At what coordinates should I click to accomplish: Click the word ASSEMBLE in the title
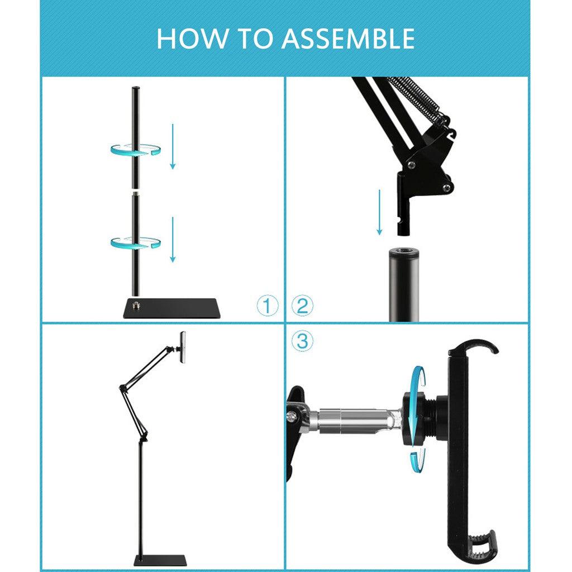(x=348, y=38)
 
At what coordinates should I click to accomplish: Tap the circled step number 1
(x=268, y=306)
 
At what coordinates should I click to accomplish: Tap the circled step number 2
(x=302, y=306)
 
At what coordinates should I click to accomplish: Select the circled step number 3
(x=302, y=341)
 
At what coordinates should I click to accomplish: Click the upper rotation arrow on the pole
(x=135, y=150)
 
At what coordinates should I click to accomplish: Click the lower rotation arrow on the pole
(x=135, y=242)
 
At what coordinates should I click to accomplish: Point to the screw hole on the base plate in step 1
(x=136, y=305)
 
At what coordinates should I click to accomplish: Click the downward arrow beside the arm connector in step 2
(x=380, y=212)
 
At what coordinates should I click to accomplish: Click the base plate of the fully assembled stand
(x=160, y=560)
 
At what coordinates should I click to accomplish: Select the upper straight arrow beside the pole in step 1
(x=173, y=146)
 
